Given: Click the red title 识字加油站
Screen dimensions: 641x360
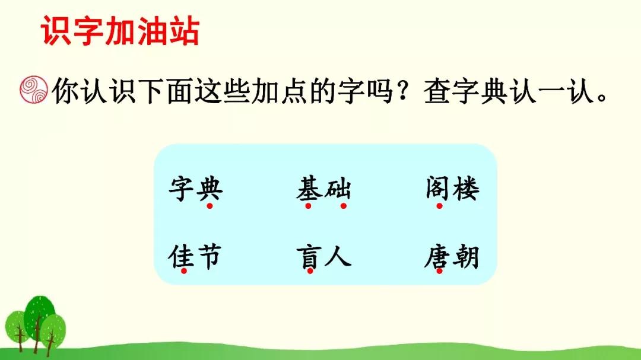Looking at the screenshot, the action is pyautogui.click(x=120, y=31).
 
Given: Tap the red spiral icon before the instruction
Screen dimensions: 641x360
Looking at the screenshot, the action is pyautogui.click(x=33, y=90).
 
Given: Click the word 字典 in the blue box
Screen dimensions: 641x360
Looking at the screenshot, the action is pyautogui.click(x=196, y=189).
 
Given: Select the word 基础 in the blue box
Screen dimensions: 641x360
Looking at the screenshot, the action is pyautogui.click(x=323, y=189).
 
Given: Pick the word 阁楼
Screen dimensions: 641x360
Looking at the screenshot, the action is pyautogui.click(x=452, y=189).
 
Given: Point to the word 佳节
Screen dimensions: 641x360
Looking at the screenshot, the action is pyautogui.click(x=195, y=257).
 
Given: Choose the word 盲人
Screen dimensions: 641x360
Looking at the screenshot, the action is pyautogui.click(x=324, y=257).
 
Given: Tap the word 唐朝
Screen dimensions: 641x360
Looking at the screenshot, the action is pyautogui.click(x=452, y=257).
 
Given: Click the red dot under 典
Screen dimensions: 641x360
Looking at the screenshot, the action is pyautogui.click(x=210, y=206).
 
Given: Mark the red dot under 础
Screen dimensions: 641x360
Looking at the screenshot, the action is pyautogui.click(x=344, y=206).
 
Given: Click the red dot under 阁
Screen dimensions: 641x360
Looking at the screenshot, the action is pyautogui.click(x=439, y=206).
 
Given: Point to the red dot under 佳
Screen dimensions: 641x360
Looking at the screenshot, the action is pyautogui.click(x=184, y=271).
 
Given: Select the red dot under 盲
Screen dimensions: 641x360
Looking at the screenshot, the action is pyautogui.click(x=310, y=271).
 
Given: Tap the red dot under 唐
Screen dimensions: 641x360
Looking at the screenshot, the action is pyautogui.click(x=439, y=271).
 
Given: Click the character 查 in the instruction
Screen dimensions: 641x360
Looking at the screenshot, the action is pyautogui.click(x=437, y=91).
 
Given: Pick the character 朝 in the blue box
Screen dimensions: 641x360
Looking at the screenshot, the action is pyautogui.click(x=466, y=257).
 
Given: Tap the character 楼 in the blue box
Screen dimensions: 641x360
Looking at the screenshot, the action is pyautogui.click(x=466, y=189).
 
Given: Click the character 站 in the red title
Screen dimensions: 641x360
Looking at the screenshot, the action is pyautogui.click(x=185, y=31).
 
